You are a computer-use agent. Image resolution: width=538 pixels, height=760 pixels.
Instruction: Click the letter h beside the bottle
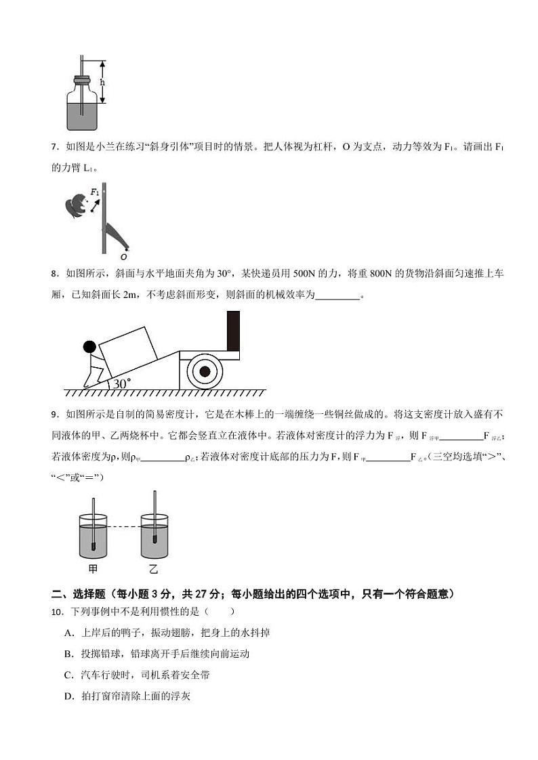coord(102,82)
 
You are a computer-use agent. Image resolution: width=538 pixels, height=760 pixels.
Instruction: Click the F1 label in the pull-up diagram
coord(95,193)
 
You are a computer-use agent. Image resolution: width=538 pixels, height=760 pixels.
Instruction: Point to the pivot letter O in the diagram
coord(123,257)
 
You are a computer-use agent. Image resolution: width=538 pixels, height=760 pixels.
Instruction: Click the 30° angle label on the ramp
coord(122,383)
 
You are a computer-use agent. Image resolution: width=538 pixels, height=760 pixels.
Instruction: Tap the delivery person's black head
coord(89,347)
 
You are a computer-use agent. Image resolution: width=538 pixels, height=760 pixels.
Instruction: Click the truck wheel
coord(204,372)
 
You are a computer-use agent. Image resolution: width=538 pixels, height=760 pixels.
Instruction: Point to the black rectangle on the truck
coord(233,331)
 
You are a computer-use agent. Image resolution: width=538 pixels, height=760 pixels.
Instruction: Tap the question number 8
coord(54,274)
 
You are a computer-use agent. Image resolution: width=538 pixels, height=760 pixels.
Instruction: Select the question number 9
coord(54,415)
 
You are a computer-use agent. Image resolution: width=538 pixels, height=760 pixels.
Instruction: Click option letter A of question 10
coord(68,633)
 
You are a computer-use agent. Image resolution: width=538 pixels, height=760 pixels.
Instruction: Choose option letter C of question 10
coord(68,675)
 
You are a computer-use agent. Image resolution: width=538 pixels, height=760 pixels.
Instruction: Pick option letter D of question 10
coord(68,696)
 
